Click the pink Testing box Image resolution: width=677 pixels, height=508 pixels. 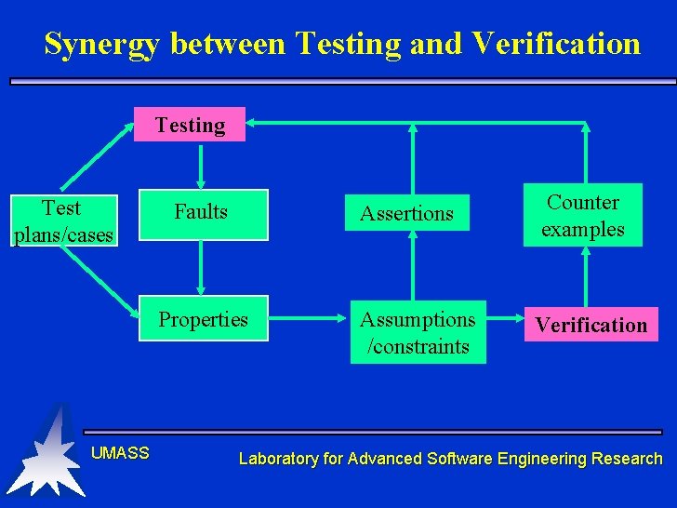click(x=190, y=125)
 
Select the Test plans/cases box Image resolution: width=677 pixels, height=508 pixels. click(x=62, y=221)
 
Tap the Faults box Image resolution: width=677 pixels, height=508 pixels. click(x=202, y=213)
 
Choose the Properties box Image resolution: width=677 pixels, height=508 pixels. click(x=203, y=319)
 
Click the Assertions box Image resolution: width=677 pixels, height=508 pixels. click(x=406, y=214)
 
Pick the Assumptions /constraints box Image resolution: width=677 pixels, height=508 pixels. click(x=418, y=332)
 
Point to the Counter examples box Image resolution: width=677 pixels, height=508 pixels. click(x=583, y=216)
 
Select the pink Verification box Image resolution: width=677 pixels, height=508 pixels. click(x=591, y=325)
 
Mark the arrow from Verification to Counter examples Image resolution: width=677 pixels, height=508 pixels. click(x=585, y=276)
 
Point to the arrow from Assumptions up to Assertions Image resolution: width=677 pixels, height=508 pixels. click(x=413, y=270)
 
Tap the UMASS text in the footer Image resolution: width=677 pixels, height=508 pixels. click(x=120, y=453)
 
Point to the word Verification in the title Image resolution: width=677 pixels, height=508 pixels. click(x=555, y=44)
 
